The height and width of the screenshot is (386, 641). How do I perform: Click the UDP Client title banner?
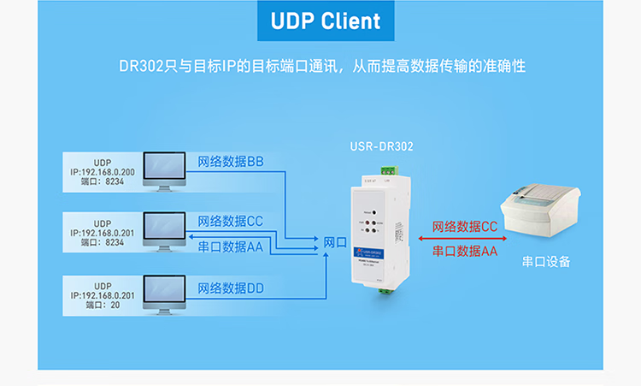pyautogui.click(x=320, y=21)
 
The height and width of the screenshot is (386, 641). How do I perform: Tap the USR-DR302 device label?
pyautogui.click(x=382, y=146)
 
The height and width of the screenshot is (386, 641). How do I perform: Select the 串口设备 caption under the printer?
pyautogui.click(x=545, y=264)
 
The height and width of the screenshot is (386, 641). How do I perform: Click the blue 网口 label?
pyautogui.click(x=335, y=242)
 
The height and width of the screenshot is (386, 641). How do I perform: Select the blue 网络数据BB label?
pyautogui.click(x=231, y=161)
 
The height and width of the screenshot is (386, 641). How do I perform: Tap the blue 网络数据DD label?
pyautogui.click(x=231, y=288)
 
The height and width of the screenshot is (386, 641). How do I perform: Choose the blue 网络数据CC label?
pyautogui.click(x=231, y=222)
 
